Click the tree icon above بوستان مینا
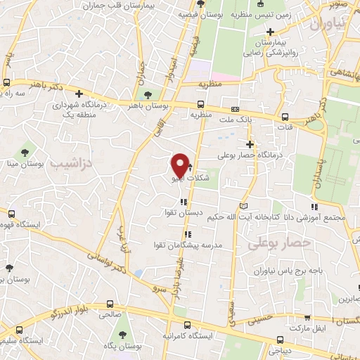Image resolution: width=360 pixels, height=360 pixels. (26, 152)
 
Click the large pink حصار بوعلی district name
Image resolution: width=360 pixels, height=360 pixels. (279, 243)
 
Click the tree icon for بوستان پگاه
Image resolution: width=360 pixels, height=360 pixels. (124, 335)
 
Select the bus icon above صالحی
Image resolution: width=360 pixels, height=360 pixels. (109, 304)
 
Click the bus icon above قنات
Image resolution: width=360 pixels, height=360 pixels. (284, 117)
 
